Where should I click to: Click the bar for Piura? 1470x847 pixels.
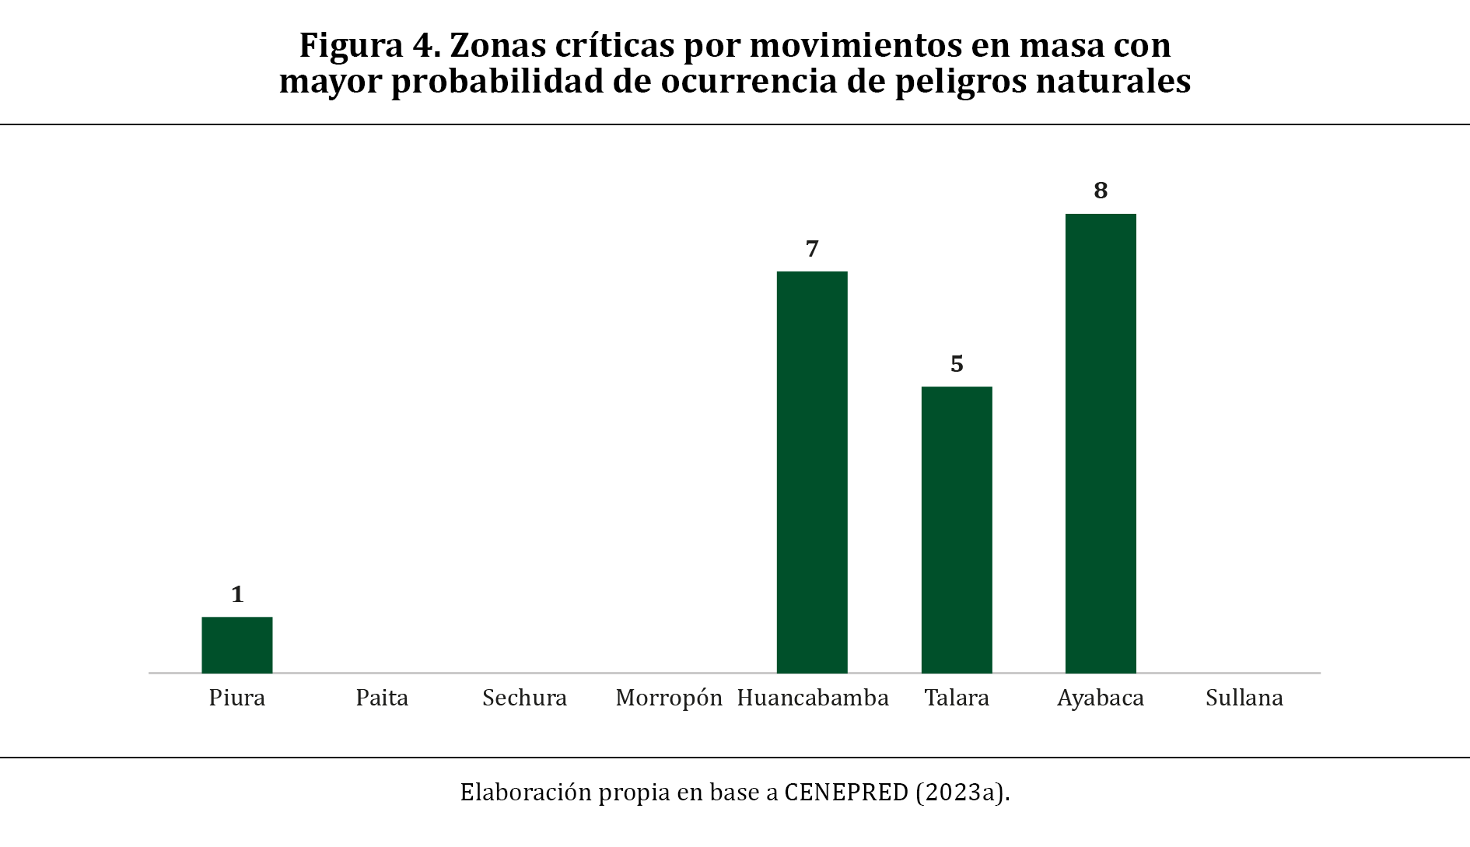(x=237, y=645)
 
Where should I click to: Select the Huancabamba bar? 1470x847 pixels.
(x=812, y=472)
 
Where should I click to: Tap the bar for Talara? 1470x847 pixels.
(x=957, y=530)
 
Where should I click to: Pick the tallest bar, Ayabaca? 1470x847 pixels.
(x=1101, y=443)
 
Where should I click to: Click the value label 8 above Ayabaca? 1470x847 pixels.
(x=1101, y=191)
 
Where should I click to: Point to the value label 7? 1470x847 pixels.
(x=812, y=249)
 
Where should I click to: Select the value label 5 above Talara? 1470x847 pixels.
(x=957, y=364)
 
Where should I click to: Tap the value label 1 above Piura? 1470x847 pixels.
(x=237, y=594)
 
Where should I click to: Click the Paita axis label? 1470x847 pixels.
(x=382, y=698)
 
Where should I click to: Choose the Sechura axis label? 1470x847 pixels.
(x=524, y=698)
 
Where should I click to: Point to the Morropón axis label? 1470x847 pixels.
(x=669, y=698)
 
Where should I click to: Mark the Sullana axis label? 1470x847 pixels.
(x=1244, y=698)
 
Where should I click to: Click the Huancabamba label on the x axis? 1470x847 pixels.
(x=813, y=698)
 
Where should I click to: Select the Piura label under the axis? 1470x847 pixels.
(x=237, y=698)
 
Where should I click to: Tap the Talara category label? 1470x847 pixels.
(x=957, y=698)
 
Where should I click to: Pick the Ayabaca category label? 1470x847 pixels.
(x=1101, y=698)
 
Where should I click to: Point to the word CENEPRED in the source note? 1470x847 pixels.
(x=846, y=792)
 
